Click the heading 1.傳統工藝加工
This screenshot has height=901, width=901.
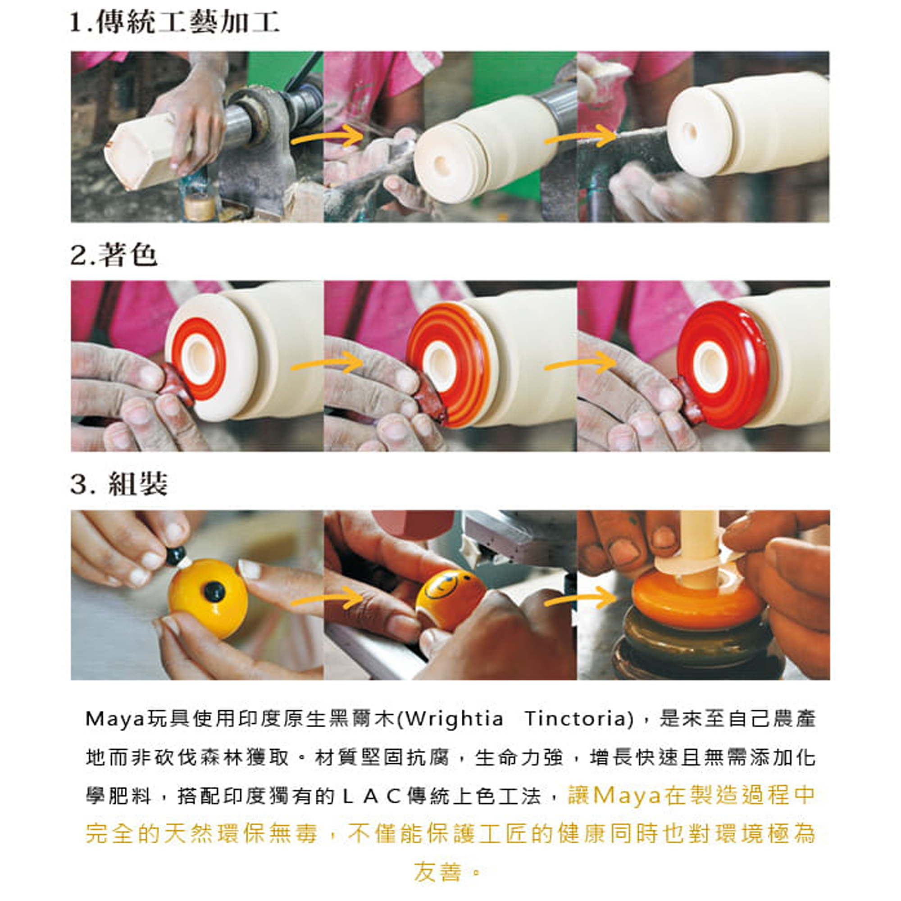point(174,23)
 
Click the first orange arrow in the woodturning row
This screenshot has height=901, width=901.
point(327,136)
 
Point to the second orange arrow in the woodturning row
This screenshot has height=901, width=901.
point(580,136)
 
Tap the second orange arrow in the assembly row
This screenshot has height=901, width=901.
point(580,598)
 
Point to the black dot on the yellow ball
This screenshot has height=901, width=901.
point(214,592)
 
